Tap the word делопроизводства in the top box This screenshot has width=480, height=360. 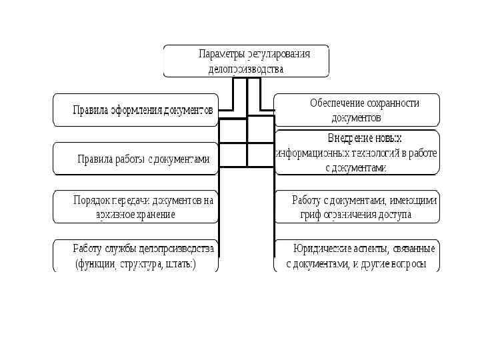tap(242, 69)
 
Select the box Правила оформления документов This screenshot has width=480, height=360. tap(136, 111)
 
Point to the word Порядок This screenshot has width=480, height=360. tap(93, 199)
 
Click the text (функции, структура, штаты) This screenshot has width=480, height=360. tap(136, 264)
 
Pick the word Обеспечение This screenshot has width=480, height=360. tap(335, 103)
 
